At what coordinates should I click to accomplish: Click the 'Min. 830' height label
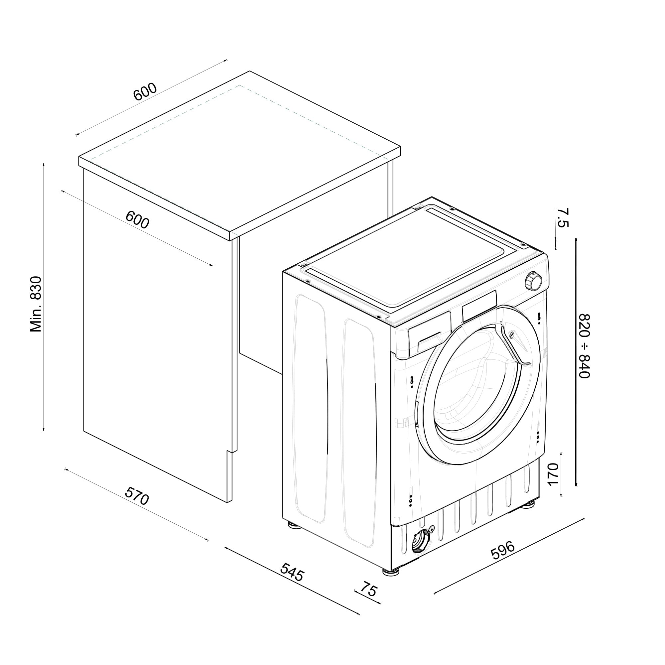[36, 304]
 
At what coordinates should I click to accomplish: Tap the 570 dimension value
[137, 495]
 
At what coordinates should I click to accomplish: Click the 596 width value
[503, 550]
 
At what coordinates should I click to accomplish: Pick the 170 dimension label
[552, 475]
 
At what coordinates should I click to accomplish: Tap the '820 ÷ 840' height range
[585, 346]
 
